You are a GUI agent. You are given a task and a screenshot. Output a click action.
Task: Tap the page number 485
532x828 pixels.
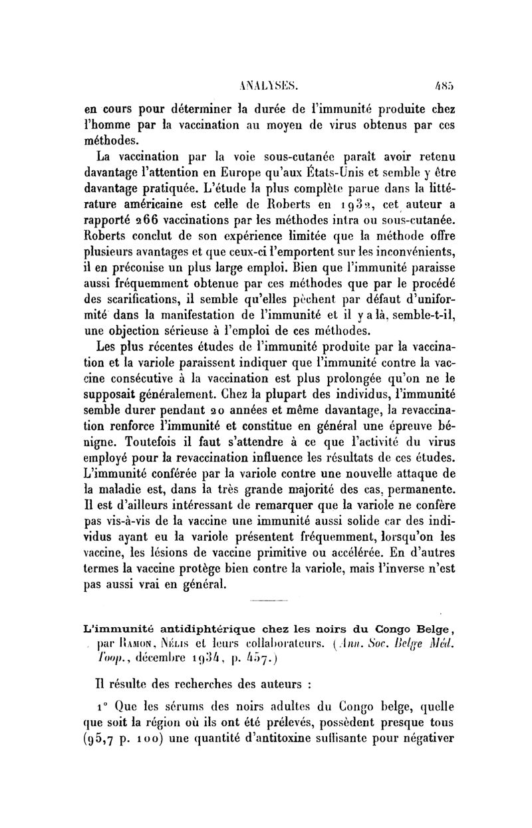click(444, 85)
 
